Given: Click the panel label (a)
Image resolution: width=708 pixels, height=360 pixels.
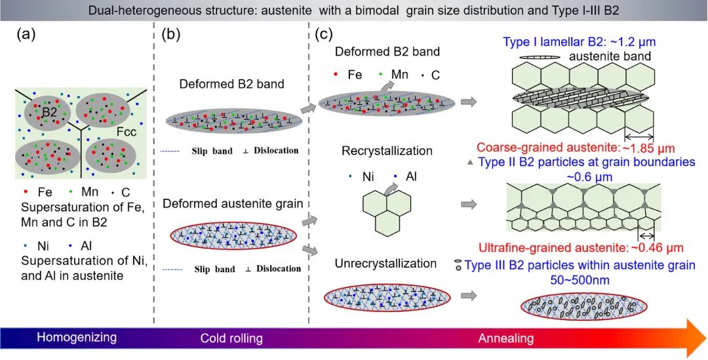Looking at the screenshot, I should (x=27, y=37).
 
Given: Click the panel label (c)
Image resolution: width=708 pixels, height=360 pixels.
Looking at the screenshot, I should (x=326, y=34).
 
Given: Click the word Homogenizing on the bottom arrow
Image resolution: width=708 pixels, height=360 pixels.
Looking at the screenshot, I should (x=76, y=338).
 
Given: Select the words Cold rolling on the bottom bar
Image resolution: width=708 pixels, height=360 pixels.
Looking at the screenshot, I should (x=231, y=338).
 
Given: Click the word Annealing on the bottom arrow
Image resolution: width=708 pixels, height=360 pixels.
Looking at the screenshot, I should (x=505, y=338).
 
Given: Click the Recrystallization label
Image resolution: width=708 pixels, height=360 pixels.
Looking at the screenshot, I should (x=387, y=151).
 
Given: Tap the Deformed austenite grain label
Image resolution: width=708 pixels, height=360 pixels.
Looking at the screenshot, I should (x=233, y=204).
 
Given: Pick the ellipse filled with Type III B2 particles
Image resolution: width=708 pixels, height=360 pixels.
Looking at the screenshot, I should (x=584, y=308).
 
